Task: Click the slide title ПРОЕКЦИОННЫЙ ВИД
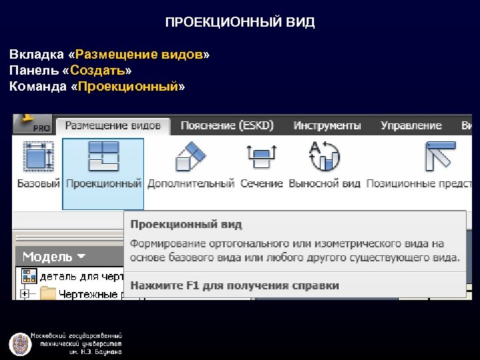pyautogui.click(x=240, y=23)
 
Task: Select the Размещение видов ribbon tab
pyautogui.click(x=113, y=125)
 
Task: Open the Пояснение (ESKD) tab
pyautogui.click(x=227, y=125)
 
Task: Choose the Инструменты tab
pyautogui.click(x=327, y=125)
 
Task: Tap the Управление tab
pyautogui.click(x=411, y=125)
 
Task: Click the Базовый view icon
pyautogui.click(x=38, y=158)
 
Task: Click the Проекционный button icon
pyautogui.click(x=103, y=157)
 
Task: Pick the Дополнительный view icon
pyautogui.click(x=192, y=158)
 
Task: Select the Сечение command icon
pyautogui.click(x=261, y=158)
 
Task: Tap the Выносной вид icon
pyautogui.click(x=325, y=158)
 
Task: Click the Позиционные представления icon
pyautogui.click(x=440, y=158)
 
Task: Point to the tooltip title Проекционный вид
pyautogui.click(x=186, y=224)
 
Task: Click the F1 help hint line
pyautogui.click(x=235, y=285)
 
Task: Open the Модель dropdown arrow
pyautogui.click(x=81, y=256)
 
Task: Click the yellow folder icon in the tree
pyautogui.click(x=47, y=293)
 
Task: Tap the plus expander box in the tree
pyautogui.click(x=25, y=293)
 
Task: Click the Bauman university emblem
pyautogui.click(x=20, y=343)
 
